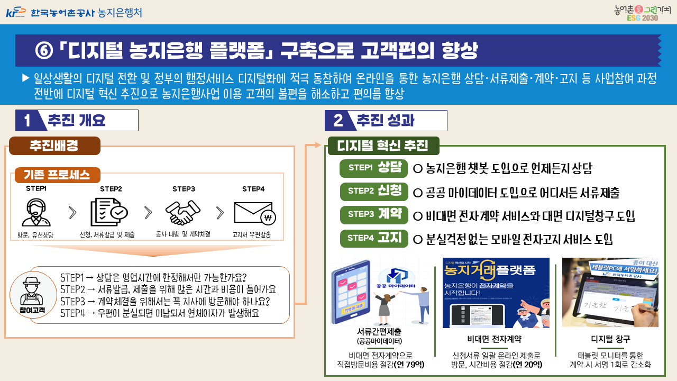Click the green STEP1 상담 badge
374,168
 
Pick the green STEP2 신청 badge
374,191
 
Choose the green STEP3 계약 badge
374,214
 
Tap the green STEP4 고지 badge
374,238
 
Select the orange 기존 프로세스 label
57,175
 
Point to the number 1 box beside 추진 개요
26,121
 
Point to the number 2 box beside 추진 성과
338,121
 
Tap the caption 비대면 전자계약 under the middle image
496,339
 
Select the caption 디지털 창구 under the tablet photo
610,339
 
